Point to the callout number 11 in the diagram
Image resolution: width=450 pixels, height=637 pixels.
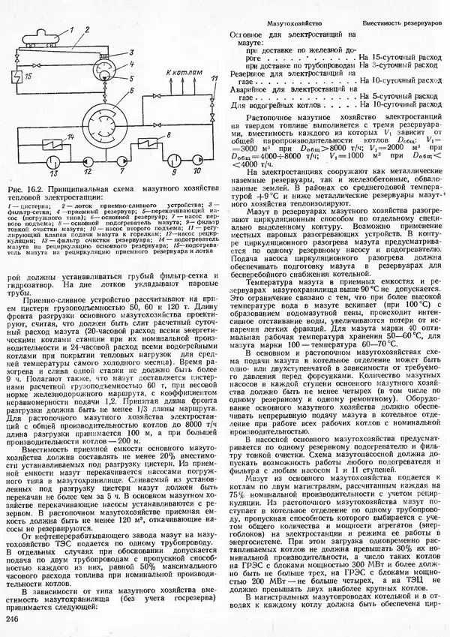click(x=214, y=77)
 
